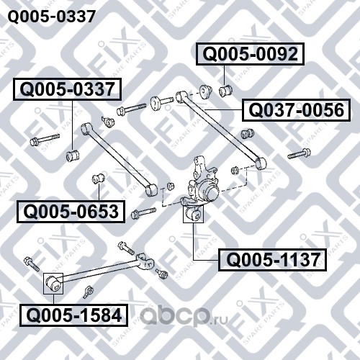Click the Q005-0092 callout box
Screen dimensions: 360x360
[x=250, y=54]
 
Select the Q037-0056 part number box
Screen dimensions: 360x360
[x=297, y=110]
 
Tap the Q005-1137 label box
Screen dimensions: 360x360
[x=272, y=260]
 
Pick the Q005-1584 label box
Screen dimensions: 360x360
[x=73, y=315]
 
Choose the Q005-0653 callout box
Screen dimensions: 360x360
[x=71, y=212]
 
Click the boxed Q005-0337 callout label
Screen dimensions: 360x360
[x=67, y=89]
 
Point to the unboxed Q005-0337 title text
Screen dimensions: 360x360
[x=52, y=17]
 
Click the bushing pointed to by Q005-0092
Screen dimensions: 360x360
[x=225, y=91]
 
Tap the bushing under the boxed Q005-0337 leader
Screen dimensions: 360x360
[x=73, y=156]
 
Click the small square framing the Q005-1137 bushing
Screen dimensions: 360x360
[x=193, y=214]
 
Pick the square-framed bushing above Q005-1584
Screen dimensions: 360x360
[x=53, y=283]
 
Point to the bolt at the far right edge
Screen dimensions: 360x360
[x=300, y=153]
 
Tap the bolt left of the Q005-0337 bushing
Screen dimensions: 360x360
[x=45, y=140]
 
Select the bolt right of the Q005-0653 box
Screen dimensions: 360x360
[x=143, y=212]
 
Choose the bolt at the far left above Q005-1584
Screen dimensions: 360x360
[x=32, y=264]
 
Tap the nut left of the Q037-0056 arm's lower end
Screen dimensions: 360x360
[x=234, y=170]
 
